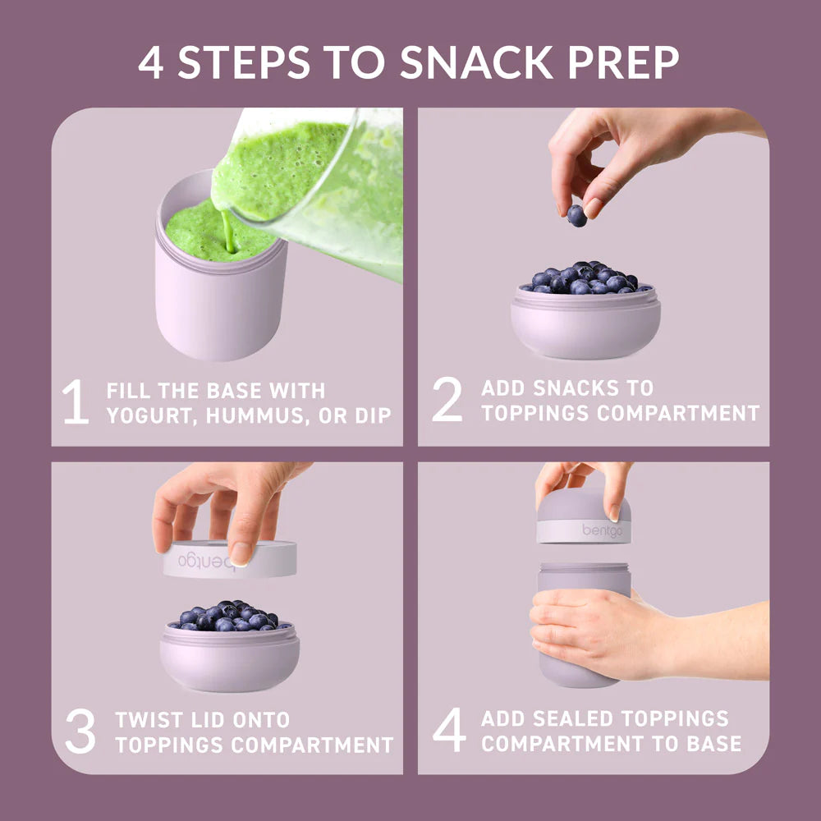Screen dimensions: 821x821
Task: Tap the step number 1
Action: pyautogui.click(x=76, y=401)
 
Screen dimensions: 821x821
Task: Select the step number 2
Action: pyautogui.click(x=447, y=400)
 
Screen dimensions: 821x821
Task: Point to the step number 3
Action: pyautogui.click(x=80, y=731)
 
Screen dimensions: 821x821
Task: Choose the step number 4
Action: pyautogui.click(x=449, y=730)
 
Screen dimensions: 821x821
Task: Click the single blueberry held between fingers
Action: pyautogui.click(x=576, y=216)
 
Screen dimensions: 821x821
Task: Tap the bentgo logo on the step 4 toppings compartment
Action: pyautogui.click(x=602, y=531)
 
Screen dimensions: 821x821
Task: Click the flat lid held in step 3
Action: pyautogui.click(x=229, y=559)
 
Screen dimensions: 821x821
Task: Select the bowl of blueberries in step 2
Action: pyautogui.click(x=585, y=310)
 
